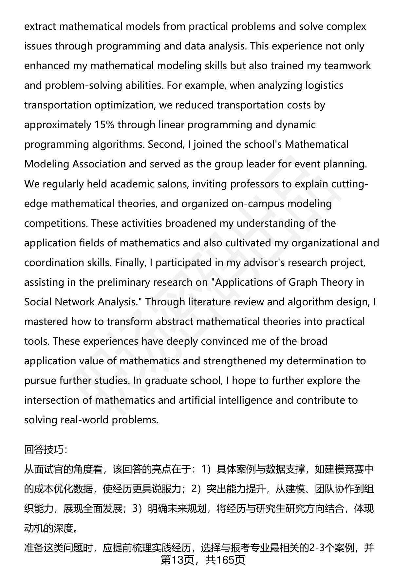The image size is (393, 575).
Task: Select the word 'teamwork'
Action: coord(348,66)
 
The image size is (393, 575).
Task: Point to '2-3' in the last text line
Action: coord(317,547)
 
